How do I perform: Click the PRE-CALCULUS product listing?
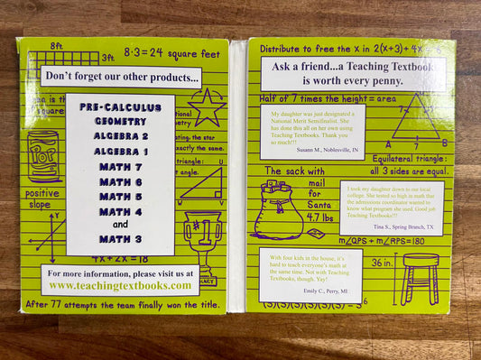tap(119, 106)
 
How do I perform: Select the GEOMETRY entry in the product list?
tap(119, 121)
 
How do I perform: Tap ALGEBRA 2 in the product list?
tap(119, 136)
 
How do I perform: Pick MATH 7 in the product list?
tap(119, 166)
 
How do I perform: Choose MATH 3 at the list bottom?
tap(119, 239)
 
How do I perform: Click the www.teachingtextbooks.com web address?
tap(119, 285)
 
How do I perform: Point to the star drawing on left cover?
tap(207, 106)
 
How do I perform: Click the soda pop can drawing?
tap(42, 156)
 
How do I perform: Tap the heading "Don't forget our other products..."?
tap(120, 78)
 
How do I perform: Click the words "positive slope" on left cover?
tap(41, 199)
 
